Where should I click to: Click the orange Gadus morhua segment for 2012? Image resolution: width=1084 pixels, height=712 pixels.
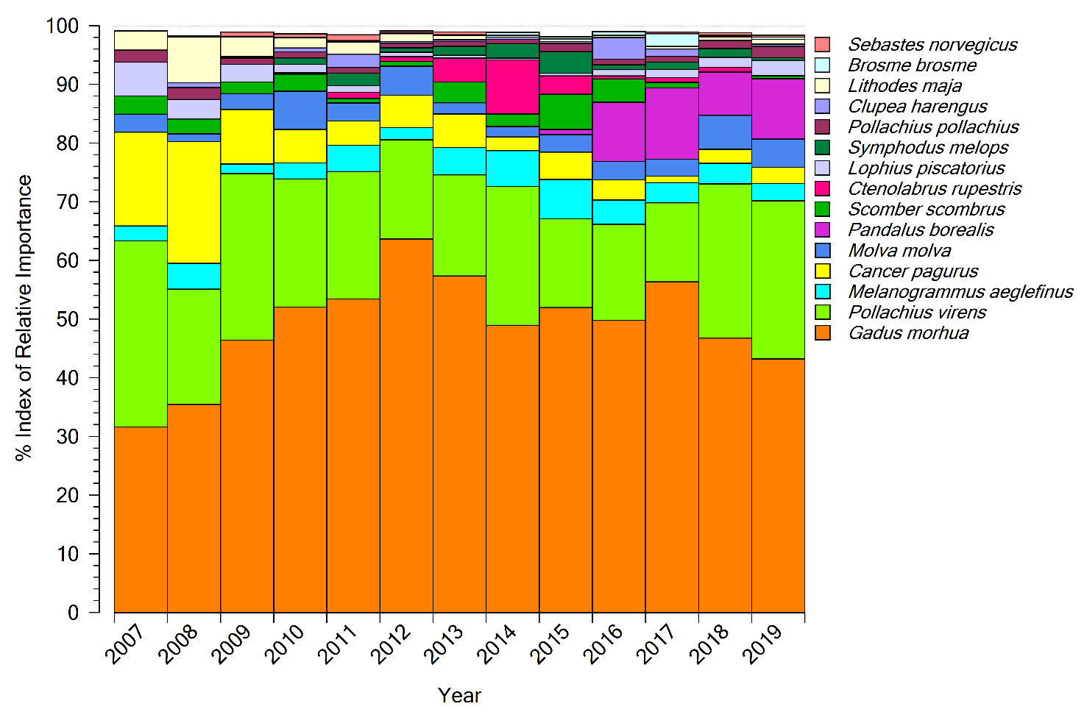click(406, 425)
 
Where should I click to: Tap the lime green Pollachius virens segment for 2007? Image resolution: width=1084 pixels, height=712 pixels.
click(141, 333)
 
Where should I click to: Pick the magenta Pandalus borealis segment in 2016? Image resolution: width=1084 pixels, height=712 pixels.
click(619, 132)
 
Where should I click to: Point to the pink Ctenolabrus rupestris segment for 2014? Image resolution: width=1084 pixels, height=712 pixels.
click(513, 87)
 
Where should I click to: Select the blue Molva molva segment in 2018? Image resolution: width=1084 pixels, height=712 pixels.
click(725, 132)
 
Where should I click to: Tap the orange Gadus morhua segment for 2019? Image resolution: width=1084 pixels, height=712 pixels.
click(778, 485)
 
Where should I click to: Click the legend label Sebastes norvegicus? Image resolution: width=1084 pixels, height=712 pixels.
click(932, 45)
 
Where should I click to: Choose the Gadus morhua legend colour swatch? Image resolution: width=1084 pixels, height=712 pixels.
click(823, 333)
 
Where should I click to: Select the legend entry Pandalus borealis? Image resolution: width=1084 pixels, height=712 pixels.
click(921, 230)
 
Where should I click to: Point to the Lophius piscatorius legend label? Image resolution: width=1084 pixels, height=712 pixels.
click(927, 168)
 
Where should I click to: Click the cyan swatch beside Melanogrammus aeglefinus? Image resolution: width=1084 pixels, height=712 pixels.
click(823, 292)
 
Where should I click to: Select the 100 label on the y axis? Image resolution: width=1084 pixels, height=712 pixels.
click(62, 26)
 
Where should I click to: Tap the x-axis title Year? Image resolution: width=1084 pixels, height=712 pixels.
click(459, 695)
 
